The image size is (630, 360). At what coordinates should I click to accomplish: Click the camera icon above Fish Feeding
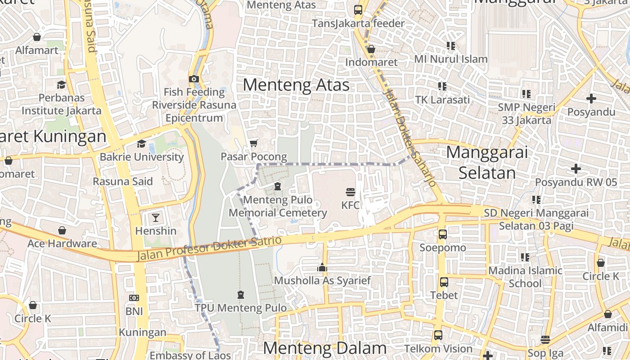pyautogui.click(x=194, y=79)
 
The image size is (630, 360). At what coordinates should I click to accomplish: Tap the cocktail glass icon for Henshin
pyautogui.click(x=155, y=218)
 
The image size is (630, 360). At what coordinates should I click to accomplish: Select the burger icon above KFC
pyautogui.click(x=351, y=192)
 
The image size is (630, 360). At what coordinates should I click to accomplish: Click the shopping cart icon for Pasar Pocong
pyautogui.click(x=253, y=143)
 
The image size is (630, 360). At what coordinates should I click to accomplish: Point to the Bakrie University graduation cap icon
pyautogui.click(x=141, y=144)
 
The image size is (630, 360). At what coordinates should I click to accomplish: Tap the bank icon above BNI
pyautogui.click(x=134, y=298)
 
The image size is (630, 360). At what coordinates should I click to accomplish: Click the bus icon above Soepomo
pyautogui.click(x=443, y=234)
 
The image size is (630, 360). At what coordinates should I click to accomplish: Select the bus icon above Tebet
pyautogui.click(x=444, y=282)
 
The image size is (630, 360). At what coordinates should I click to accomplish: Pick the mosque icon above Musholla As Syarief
pyautogui.click(x=322, y=268)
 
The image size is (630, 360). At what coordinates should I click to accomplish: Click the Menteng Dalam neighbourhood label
pyautogui.click(x=324, y=348)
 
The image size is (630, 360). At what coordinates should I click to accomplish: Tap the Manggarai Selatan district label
pyautogui.click(x=487, y=162)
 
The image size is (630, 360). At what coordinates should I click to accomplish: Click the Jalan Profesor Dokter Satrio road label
pyautogui.click(x=209, y=248)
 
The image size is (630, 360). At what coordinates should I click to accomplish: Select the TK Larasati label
pyautogui.click(x=442, y=99)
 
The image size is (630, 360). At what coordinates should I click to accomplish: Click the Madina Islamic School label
pyautogui.click(x=525, y=277)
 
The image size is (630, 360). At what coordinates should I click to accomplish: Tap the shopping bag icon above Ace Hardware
pyautogui.click(x=62, y=230)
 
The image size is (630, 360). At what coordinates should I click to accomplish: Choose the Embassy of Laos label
pyautogui.click(x=191, y=355)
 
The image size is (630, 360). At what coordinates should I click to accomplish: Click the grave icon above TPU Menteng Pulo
pyautogui.click(x=240, y=295)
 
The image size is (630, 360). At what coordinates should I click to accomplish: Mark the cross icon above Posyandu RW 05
pyautogui.click(x=576, y=169)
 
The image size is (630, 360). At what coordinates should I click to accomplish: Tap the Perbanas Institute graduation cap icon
pyautogui.click(x=61, y=85)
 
